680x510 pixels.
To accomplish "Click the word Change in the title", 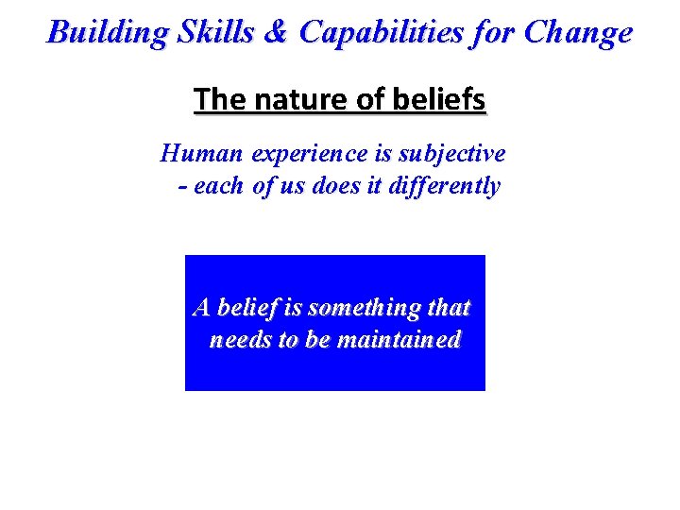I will point(578,33).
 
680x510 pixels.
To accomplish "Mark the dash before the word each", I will point(182,187).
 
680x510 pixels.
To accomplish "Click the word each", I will point(218,187).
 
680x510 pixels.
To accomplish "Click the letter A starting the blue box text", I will point(201,308).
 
